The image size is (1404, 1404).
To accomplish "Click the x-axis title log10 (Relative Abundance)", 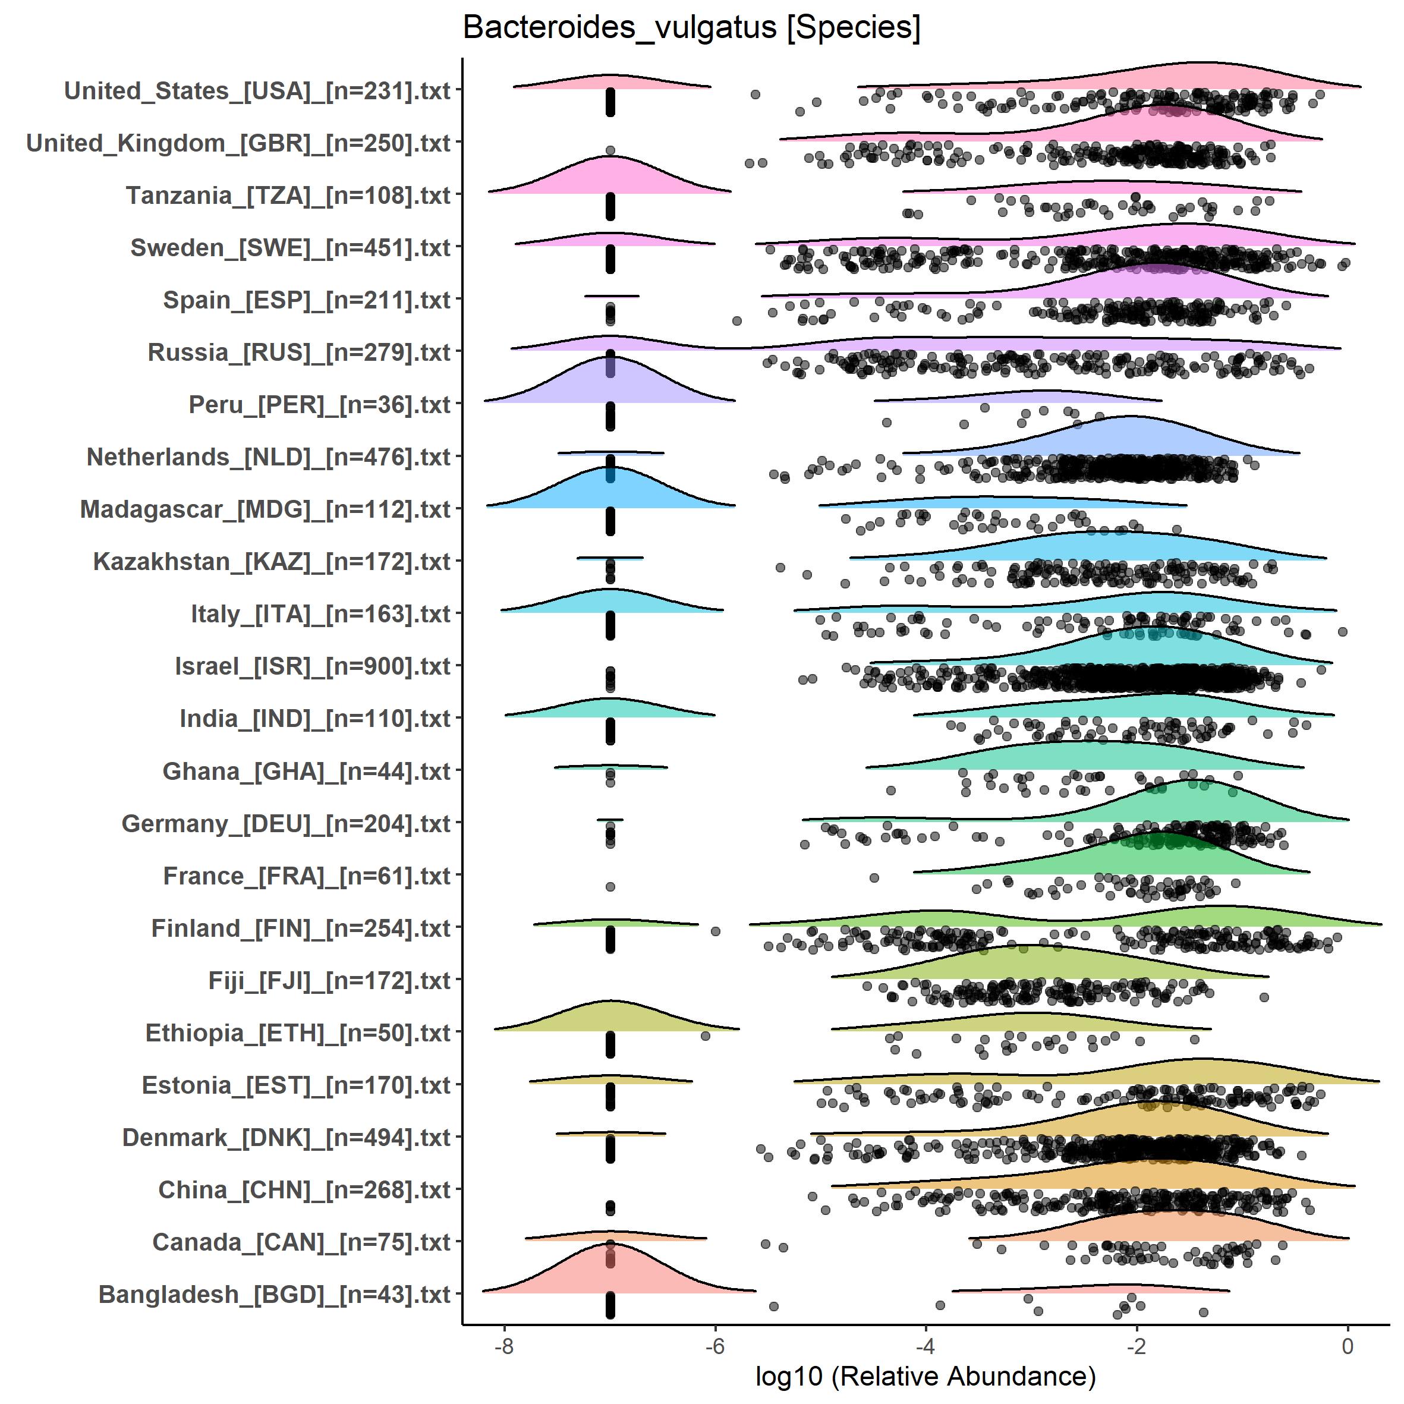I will click(925, 1375).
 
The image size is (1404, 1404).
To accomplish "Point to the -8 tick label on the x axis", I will click(503, 1346).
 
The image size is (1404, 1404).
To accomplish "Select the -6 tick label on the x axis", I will click(715, 1346).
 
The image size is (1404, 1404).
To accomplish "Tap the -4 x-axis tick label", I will click(925, 1346).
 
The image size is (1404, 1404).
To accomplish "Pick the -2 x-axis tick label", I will click(1137, 1346).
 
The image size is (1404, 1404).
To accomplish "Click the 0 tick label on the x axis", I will click(1348, 1346).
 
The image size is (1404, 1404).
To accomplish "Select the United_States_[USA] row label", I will click(257, 91).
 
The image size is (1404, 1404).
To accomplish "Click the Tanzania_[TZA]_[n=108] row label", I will click(288, 196).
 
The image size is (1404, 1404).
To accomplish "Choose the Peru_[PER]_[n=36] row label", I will click(319, 405).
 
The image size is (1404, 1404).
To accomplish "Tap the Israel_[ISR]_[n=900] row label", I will click(313, 666).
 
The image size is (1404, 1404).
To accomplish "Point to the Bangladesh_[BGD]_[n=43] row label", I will click(274, 1294).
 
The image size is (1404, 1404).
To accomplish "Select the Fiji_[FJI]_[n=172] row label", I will click(329, 980).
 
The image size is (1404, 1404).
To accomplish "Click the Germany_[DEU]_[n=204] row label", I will click(285, 823).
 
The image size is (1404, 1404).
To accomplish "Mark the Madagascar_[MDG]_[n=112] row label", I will click(265, 509).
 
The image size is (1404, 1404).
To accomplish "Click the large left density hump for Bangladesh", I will click(610, 1271).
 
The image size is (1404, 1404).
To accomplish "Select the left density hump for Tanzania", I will click(610, 178).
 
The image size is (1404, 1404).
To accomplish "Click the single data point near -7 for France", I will click(610, 887).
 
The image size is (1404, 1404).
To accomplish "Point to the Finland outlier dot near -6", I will click(715, 931).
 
